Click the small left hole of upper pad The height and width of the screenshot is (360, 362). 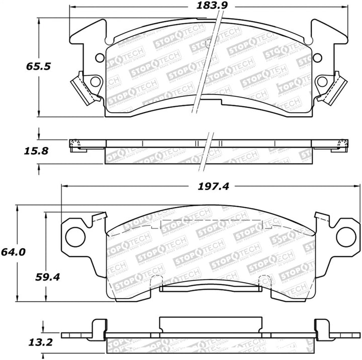pyautogui.click(x=99, y=57)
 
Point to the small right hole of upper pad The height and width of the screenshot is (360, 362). pyautogui.click(x=318, y=57)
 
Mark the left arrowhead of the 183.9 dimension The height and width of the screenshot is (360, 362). pyautogui.click(x=71, y=7)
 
